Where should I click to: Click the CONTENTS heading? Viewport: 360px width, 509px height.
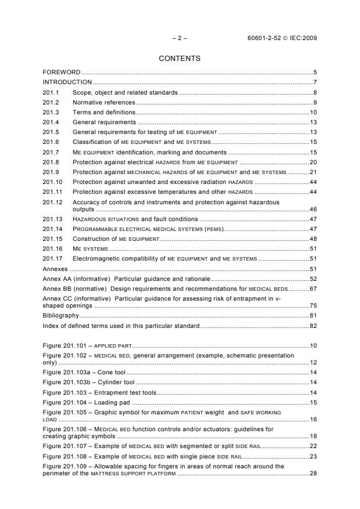179,59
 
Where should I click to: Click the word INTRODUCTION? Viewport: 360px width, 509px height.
67,82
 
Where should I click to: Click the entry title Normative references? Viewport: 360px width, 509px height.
103,102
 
